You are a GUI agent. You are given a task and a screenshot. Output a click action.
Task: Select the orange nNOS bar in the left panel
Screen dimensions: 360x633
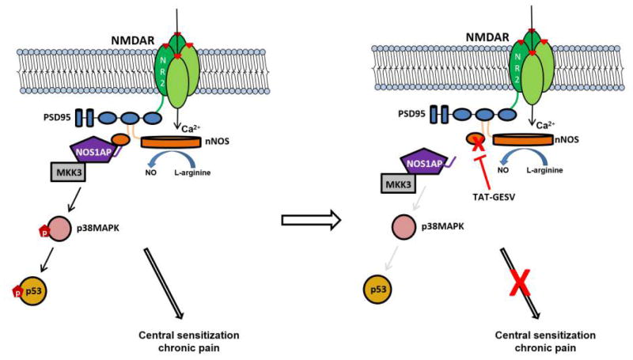pyautogui.click(x=173, y=142)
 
